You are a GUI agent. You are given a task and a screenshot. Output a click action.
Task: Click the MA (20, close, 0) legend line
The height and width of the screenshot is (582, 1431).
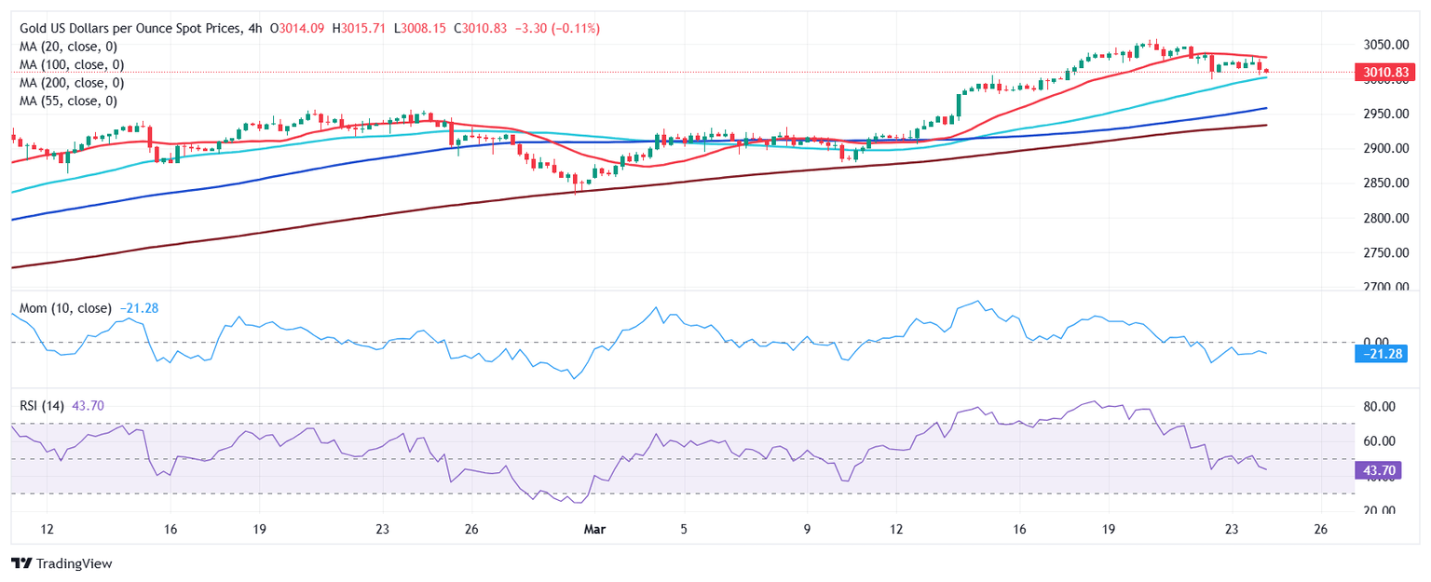(71, 47)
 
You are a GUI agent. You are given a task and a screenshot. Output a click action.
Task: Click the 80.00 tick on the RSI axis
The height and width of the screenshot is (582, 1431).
(1379, 407)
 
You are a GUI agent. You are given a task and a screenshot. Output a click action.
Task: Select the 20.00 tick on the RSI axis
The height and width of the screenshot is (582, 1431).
(1379, 510)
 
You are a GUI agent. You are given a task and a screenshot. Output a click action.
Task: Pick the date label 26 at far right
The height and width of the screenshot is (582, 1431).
(1320, 529)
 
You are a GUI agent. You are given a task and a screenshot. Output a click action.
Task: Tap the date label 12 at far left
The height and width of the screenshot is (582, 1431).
(48, 529)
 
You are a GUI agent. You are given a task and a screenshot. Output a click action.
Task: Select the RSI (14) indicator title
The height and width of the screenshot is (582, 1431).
(46, 406)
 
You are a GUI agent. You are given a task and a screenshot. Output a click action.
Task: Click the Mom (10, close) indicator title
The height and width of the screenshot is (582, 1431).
(65, 308)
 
